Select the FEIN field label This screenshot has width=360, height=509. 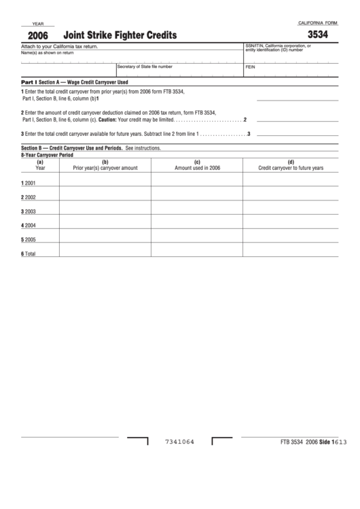[x=250, y=67]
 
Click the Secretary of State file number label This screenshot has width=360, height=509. [x=145, y=67]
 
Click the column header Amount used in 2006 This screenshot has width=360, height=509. [x=197, y=167]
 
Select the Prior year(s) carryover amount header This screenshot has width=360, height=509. [x=105, y=167]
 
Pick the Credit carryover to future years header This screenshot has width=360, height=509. [x=291, y=167]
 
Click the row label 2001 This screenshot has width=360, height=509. [x=29, y=183]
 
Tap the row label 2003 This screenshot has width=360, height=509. [x=29, y=211]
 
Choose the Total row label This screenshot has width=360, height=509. [x=29, y=253]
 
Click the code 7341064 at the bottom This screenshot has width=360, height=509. [x=180, y=442]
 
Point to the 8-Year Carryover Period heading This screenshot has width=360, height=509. [x=48, y=155]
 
